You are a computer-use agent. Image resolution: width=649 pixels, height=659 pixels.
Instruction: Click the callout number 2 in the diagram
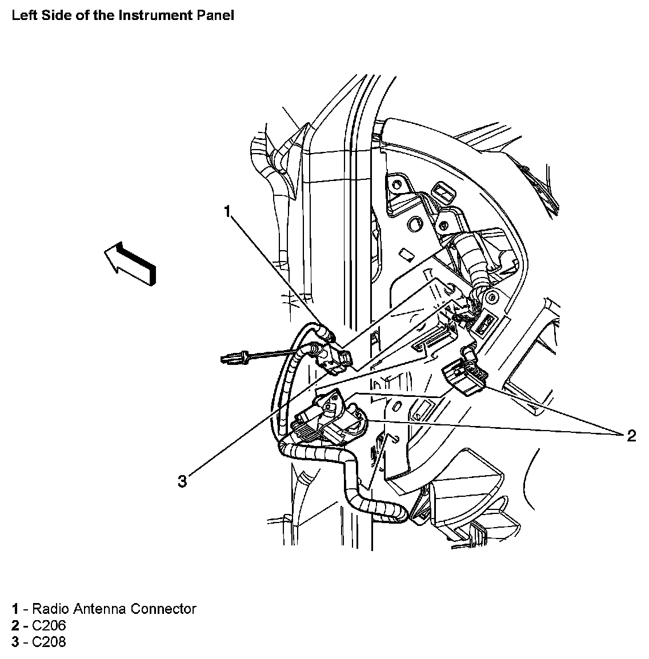(x=631, y=436)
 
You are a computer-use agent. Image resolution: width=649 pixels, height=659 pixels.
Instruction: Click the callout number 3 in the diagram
(x=182, y=482)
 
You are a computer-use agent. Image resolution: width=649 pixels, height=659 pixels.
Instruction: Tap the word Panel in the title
(x=214, y=15)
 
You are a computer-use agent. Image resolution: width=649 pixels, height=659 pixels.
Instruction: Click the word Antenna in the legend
(x=102, y=609)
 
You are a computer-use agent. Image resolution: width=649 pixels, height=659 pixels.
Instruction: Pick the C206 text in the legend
(x=49, y=625)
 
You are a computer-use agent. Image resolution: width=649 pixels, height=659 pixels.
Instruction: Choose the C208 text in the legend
(x=49, y=642)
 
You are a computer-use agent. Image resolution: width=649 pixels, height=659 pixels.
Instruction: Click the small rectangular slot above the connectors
(x=406, y=255)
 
